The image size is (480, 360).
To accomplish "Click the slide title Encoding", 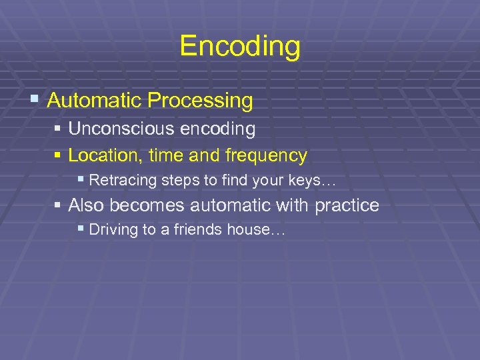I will (240, 47).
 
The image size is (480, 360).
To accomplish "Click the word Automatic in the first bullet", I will (95, 101).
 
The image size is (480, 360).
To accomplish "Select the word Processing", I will (201, 101).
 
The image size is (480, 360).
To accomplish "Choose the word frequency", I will (266, 156).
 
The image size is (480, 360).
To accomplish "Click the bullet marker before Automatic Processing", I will (35, 101).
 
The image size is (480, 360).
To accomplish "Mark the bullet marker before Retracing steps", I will (81, 179).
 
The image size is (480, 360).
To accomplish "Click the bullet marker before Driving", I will (81, 229).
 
